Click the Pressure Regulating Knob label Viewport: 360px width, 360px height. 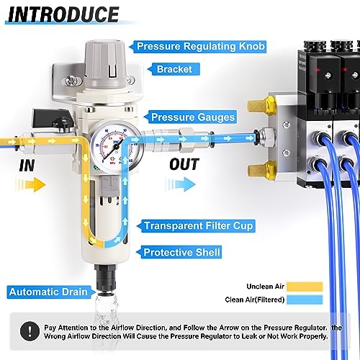tap(198, 47)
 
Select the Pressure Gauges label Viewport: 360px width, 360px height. tap(190, 115)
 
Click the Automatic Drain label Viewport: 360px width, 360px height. tap(48, 292)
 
